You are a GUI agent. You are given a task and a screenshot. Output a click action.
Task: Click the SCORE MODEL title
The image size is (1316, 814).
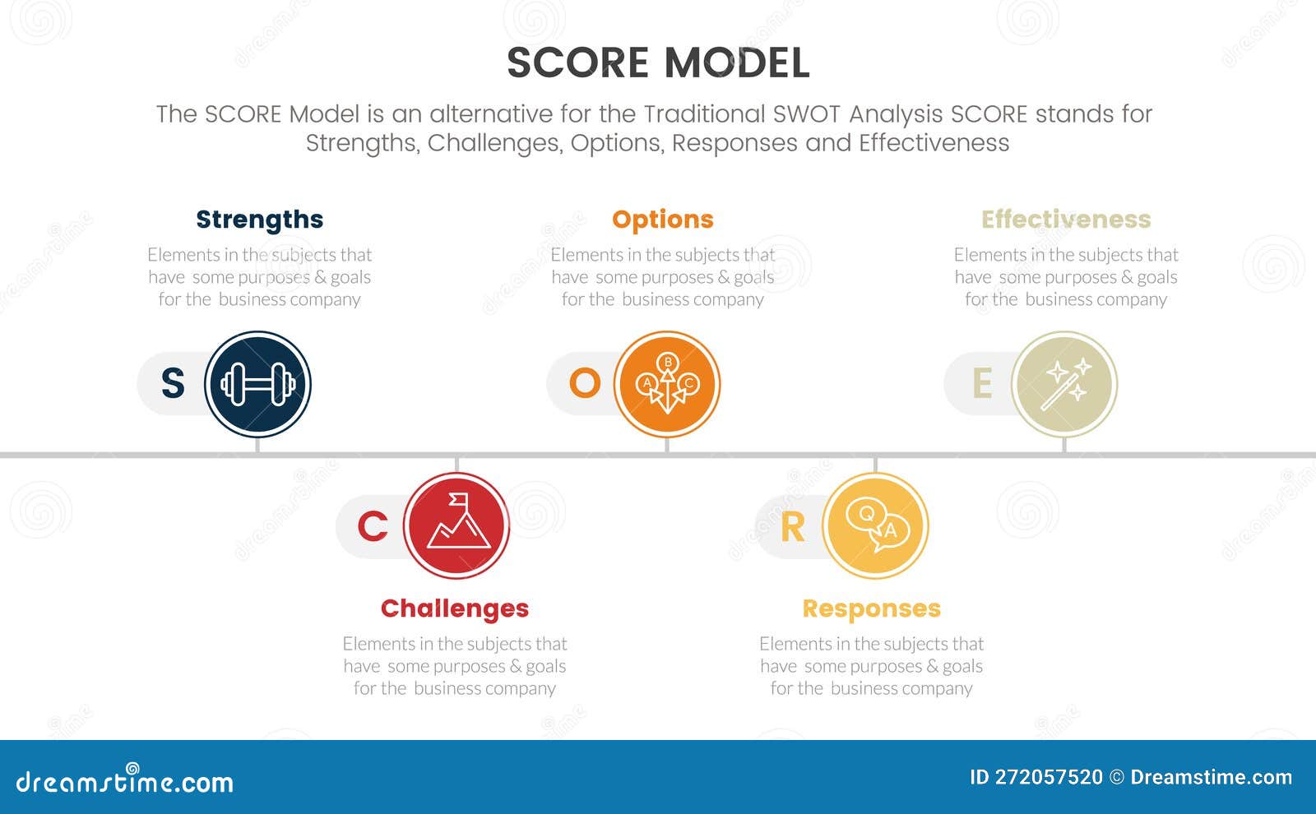658,63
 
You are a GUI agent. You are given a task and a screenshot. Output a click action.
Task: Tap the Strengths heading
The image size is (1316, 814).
259,220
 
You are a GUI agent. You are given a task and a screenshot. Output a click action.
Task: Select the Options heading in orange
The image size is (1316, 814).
662,220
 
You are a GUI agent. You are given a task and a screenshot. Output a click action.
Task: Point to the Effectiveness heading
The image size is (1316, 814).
1066,220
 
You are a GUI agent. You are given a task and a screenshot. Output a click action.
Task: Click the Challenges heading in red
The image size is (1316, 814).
454,608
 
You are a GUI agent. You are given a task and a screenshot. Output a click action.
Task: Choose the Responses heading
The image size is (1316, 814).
871,608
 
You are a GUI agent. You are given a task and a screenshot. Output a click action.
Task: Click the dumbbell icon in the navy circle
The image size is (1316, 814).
257,384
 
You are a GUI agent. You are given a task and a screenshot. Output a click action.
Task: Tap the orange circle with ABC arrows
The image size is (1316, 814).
667,384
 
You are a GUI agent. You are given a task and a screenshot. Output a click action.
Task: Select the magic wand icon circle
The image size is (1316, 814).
1064,384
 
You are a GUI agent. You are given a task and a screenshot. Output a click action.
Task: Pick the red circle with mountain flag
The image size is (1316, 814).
456,526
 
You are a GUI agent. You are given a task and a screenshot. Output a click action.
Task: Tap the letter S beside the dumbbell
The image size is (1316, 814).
173,384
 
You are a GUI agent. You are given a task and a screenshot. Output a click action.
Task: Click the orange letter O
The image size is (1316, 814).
585,384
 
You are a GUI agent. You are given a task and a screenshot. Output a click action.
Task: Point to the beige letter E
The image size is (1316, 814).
982,384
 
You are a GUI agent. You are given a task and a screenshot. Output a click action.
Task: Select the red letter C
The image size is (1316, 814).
373,527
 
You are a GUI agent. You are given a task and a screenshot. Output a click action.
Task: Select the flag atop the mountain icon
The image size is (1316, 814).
458,499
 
